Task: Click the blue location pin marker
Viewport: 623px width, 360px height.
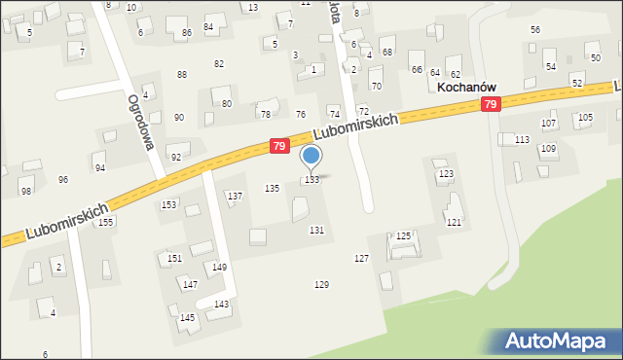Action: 311,157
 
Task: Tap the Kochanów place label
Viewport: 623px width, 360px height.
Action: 475,87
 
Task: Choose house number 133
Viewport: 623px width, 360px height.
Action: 311,180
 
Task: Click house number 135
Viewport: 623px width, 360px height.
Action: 273,188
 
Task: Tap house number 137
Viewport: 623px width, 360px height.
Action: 235,197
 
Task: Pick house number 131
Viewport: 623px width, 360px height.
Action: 316,230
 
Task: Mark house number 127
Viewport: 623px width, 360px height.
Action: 361,258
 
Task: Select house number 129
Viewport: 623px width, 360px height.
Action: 321,284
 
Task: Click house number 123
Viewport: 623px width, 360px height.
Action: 446,174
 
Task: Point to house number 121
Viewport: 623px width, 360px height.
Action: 454,223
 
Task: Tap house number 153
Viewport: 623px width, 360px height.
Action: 168,204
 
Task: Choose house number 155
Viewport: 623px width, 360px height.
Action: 105,222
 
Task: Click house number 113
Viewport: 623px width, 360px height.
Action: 523,140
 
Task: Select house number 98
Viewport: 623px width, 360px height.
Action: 26,191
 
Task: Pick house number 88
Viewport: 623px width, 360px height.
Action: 181,75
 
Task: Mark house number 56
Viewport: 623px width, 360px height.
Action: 535,30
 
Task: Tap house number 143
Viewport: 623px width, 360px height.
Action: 222,305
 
